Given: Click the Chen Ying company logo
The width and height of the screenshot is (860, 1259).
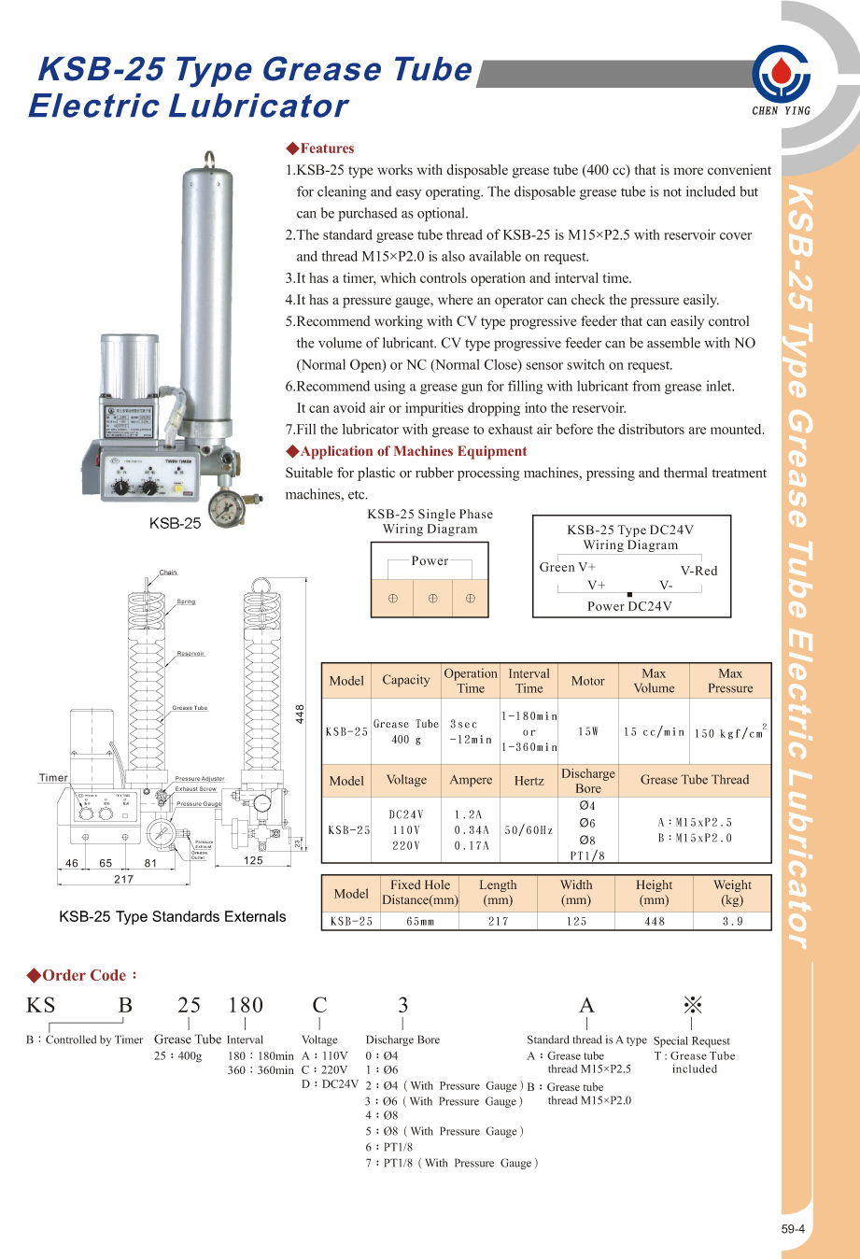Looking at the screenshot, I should pyautogui.click(x=782, y=77).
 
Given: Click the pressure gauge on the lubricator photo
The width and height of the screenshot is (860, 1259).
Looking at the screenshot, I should pyautogui.click(x=226, y=508).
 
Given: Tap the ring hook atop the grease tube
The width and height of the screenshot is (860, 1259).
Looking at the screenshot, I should pyautogui.click(x=209, y=160).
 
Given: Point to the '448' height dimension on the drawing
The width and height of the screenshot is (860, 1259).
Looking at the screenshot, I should pyautogui.click(x=300, y=714).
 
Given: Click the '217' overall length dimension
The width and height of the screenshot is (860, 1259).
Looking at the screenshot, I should pyautogui.click(x=123, y=879).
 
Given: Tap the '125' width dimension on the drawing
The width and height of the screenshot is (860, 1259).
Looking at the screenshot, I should pyautogui.click(x=253, y=860).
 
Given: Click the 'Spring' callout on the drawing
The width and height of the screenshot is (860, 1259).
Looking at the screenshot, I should pyautogui.click(x=187, y=601).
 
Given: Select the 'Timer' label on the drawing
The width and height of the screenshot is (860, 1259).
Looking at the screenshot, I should pyautogui.click(x=53, y=777).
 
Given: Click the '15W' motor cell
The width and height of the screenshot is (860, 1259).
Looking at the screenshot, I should pyautogui.click(x=588, y=731).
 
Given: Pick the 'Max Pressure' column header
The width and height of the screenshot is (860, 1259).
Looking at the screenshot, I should pyautogui.click(x=730, y=681).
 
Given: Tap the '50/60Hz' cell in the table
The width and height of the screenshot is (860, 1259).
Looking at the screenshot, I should pyautogui.click(x=529, y=830).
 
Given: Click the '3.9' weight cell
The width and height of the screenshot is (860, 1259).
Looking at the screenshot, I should pyautogui.click(x=732, y=921).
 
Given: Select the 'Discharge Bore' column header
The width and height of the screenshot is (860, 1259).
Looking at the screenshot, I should pyautogui.click(x=588, y=781).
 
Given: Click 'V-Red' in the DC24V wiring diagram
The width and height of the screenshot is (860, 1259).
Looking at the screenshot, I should pyautogui.click(x=698, y=571).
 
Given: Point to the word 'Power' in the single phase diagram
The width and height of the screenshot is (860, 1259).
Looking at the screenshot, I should pyautogui.click(x=430, y=561).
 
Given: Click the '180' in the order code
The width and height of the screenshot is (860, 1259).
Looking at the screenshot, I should pyautogui.click(x=246, y=1005).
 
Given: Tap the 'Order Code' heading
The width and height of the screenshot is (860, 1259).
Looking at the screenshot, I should pyautogui.click(x=82, y=975).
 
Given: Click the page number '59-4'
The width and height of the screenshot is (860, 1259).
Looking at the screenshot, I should pyautogui.click(x=793, y=1229).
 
